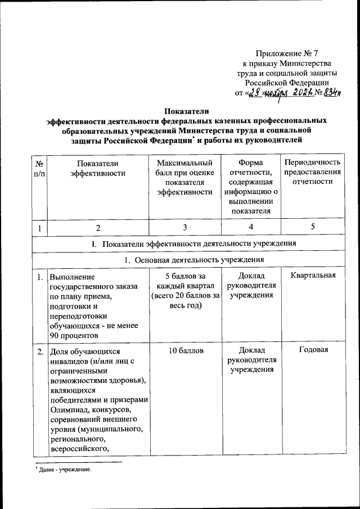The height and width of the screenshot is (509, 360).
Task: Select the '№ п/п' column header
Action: click(40, 168)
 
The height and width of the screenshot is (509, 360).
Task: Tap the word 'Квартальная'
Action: click(312, 276)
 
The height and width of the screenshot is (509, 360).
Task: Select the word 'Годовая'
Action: click(312, 351)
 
